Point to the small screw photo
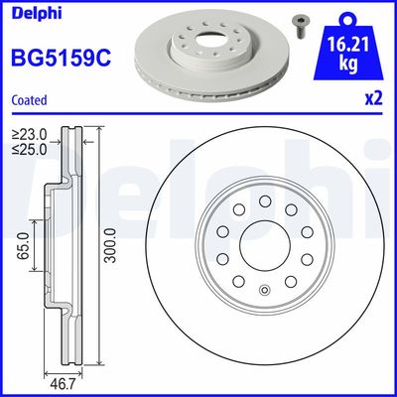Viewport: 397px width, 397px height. [x=296, y=23]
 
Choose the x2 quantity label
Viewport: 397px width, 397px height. [x=372, y=99]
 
